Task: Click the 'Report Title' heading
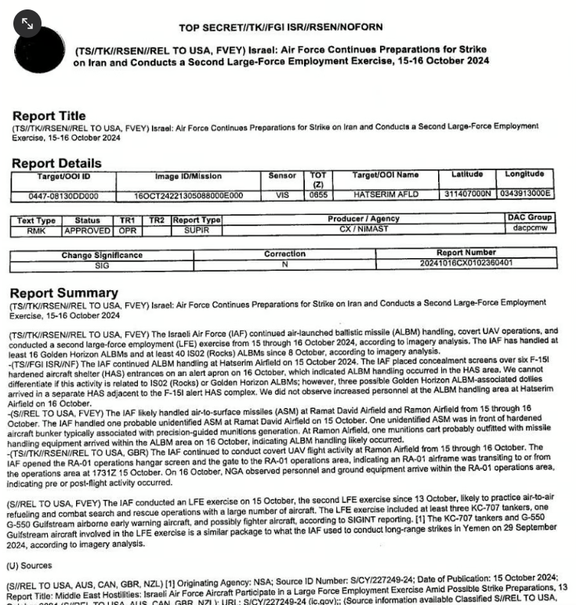point(49,116)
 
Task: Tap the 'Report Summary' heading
point(63,292)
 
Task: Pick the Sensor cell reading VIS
point(282,195)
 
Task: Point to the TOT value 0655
point(318,195)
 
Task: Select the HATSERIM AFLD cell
point(385,195)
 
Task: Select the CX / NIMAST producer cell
point(363,230)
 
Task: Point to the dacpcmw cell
point(530,228)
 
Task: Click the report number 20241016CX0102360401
point(466,264)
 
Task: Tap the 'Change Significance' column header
point(102,255)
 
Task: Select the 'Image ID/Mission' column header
point(188,177)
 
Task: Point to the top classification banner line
point(281,27)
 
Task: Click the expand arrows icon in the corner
point(27,24)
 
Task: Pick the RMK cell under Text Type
point(36,231)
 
